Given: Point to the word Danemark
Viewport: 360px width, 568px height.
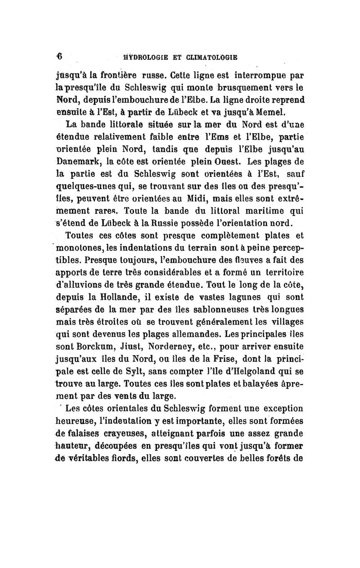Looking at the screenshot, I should tap(85, 160).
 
